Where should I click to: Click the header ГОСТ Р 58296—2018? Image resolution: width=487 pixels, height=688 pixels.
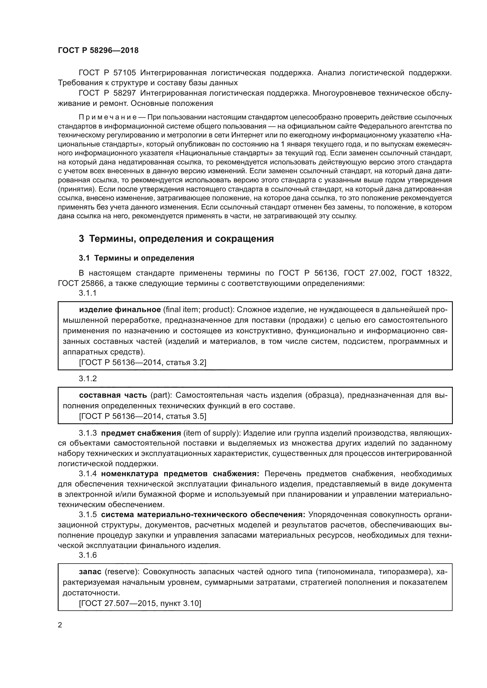[98, 50]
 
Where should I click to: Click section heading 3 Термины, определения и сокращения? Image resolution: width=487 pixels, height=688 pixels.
[176, 239]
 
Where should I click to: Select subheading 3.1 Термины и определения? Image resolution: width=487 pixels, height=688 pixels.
[136, 258]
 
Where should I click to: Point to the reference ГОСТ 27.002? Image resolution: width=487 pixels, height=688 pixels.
[369, 273]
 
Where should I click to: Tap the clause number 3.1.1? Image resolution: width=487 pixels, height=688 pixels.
[87, 293]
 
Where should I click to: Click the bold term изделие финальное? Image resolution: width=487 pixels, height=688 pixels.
[120, 309]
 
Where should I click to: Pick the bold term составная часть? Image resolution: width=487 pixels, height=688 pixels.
[113, 395]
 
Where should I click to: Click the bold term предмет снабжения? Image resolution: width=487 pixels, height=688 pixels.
[141, 433]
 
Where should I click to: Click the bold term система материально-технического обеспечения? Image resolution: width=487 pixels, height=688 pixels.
[203, 514]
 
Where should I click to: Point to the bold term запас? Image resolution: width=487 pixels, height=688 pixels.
[90, 572]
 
